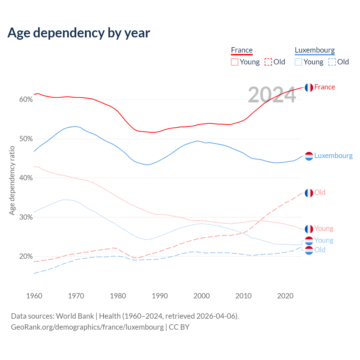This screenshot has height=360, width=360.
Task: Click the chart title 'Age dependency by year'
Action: (x=79, y=33)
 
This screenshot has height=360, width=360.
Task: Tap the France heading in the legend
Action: (x=242, y=50)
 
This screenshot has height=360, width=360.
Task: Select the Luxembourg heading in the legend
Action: (x=315, y=50)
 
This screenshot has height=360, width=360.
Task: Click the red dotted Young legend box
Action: (x=235, y=62)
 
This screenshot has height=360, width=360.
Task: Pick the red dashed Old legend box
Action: (x=268, y=62)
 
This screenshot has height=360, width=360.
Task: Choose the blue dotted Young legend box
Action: (x=298, y=62)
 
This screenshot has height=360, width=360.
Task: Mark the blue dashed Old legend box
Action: (x=332, y=62)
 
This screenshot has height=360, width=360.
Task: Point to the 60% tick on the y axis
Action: (x=26, y=100)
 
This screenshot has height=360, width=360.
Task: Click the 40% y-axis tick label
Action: (x=26, y=178)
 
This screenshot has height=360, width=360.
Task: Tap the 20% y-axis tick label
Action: (x=26, y=256)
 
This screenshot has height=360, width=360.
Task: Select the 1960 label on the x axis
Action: (x=34, y=296)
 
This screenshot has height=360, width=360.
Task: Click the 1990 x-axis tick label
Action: (x=160, y=296)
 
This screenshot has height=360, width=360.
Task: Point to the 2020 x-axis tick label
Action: (x=285, y=296)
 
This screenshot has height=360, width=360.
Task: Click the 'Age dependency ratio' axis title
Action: (x=12, y=180)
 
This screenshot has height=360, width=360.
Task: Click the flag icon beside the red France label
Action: (x=309, y=87)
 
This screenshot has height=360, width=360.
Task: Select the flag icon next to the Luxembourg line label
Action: (x=309, y=156)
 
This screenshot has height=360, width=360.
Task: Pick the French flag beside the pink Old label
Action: (x=309, y=193)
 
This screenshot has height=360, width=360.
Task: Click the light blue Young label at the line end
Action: (x=324, y=240)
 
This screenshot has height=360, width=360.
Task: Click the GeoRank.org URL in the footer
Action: (x=87, y=327)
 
